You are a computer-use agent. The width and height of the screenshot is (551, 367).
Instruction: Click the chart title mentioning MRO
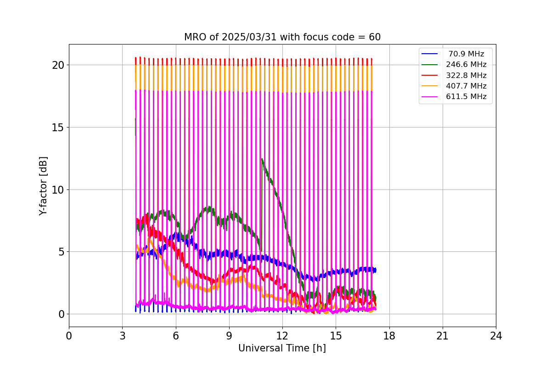[282, 37]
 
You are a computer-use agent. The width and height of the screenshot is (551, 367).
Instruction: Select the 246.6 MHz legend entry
[466, 65]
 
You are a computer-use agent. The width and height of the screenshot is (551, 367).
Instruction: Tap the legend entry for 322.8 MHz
[466, 75]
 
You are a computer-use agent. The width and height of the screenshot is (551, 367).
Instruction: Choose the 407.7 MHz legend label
[466, 86]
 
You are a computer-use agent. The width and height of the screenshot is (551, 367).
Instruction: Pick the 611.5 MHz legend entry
[466, 97]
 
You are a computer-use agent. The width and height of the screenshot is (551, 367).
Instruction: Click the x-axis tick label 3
[122, 336]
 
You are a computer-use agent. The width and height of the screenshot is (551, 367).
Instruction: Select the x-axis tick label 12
[282, 336]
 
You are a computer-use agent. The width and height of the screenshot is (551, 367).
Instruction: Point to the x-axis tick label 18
[389, 336]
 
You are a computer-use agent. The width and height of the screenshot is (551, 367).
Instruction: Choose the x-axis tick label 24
[495, 336]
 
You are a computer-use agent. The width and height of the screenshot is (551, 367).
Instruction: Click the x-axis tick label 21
[442, 336]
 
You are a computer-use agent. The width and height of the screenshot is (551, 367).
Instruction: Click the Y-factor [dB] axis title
[43, 186]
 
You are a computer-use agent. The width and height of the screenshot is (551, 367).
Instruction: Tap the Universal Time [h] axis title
[282, 348]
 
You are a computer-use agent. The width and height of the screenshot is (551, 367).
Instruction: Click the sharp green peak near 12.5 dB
[262, 159]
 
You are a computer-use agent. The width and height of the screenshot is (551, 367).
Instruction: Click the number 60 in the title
[375, 37]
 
